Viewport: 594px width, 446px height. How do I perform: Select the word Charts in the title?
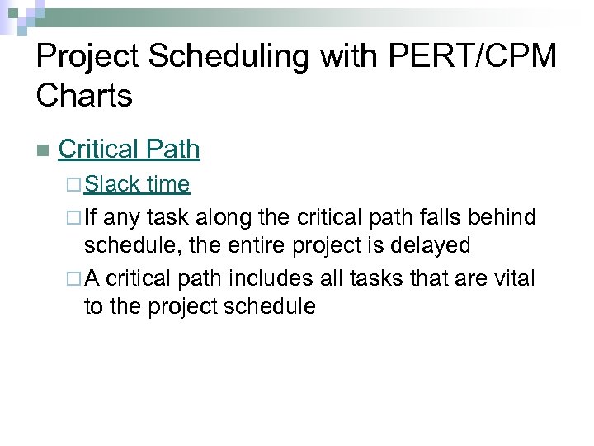84,96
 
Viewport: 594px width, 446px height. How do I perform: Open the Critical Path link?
130,149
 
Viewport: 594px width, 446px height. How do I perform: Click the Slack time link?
137,183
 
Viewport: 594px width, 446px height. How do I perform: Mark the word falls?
445,217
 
